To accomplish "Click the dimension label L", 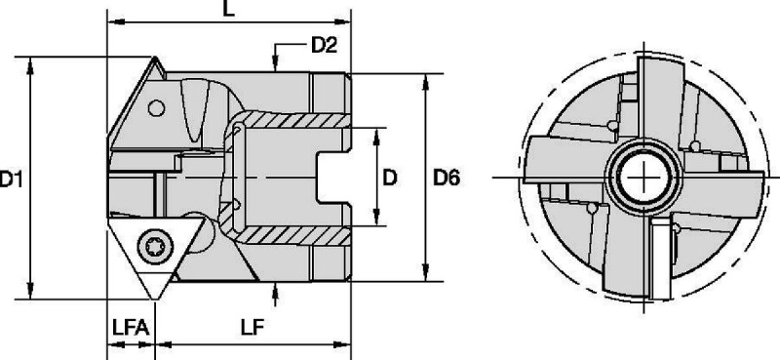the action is click(228, 9).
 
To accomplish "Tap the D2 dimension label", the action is click(325, 45).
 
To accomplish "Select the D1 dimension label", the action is click(11, 179).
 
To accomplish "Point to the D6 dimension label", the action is click(447, 178).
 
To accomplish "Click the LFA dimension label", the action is click(131, 328).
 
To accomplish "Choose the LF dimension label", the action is click(253, 328).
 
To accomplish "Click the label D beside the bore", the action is click(390, 178).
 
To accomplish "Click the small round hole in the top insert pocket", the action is click(156, 108).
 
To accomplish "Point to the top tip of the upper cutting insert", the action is click(154, 58).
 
